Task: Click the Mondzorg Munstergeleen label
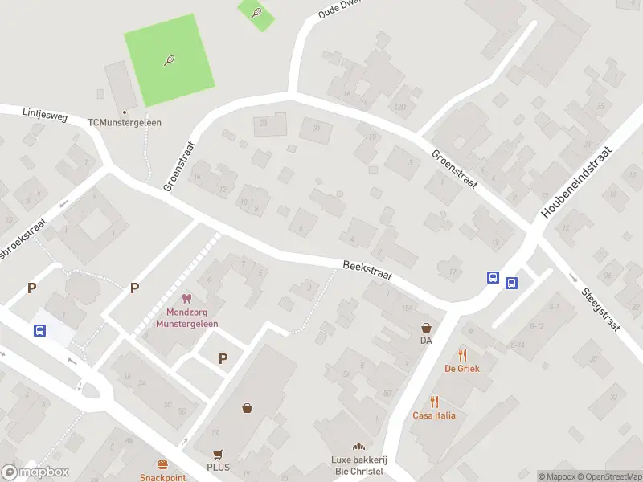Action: tap(192, 317)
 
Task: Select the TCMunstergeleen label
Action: tap(125, 123)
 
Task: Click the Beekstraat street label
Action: tap(367, 269)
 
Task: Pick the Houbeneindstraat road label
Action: tap(576, 184)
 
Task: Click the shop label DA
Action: tap(426, 341)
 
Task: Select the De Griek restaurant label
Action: tap(461, 369)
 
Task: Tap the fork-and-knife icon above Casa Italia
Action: tap(434, 402)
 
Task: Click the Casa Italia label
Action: tap(434, 415)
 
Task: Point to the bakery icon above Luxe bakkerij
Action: tap(358, 447)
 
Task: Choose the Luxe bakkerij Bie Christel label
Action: tap(358, 465)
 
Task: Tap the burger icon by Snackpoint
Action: tap(162, 465)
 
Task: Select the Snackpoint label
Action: tap(162, 477)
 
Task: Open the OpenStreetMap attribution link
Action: tap(608, 476)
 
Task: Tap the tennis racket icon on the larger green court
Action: tap(170, 60)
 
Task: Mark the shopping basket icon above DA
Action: tap(426, 328)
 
